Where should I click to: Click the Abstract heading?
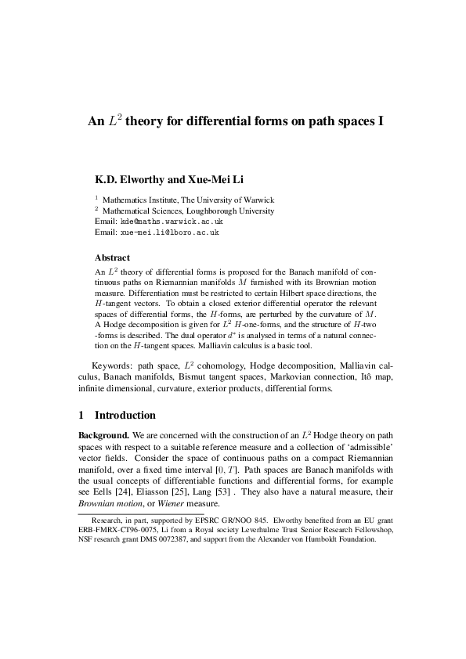coord(112,257)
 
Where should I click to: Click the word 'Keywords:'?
coord(112,366)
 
